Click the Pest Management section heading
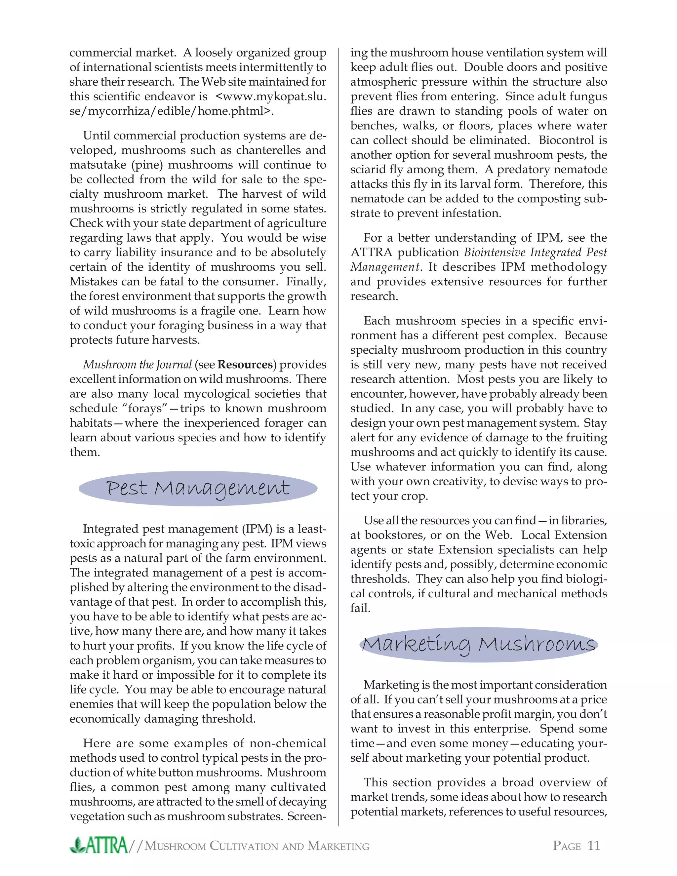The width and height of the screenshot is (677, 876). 198,489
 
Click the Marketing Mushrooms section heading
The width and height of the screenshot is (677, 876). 478,645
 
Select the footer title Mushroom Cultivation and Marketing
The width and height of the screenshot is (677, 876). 257,846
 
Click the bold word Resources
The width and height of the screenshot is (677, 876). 245,365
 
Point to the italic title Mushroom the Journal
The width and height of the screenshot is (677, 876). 137,365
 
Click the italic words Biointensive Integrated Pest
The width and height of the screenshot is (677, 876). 536,253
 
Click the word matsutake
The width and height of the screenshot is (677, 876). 94,165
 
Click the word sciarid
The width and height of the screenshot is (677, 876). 370,170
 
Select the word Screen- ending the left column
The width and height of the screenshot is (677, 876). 306,816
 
